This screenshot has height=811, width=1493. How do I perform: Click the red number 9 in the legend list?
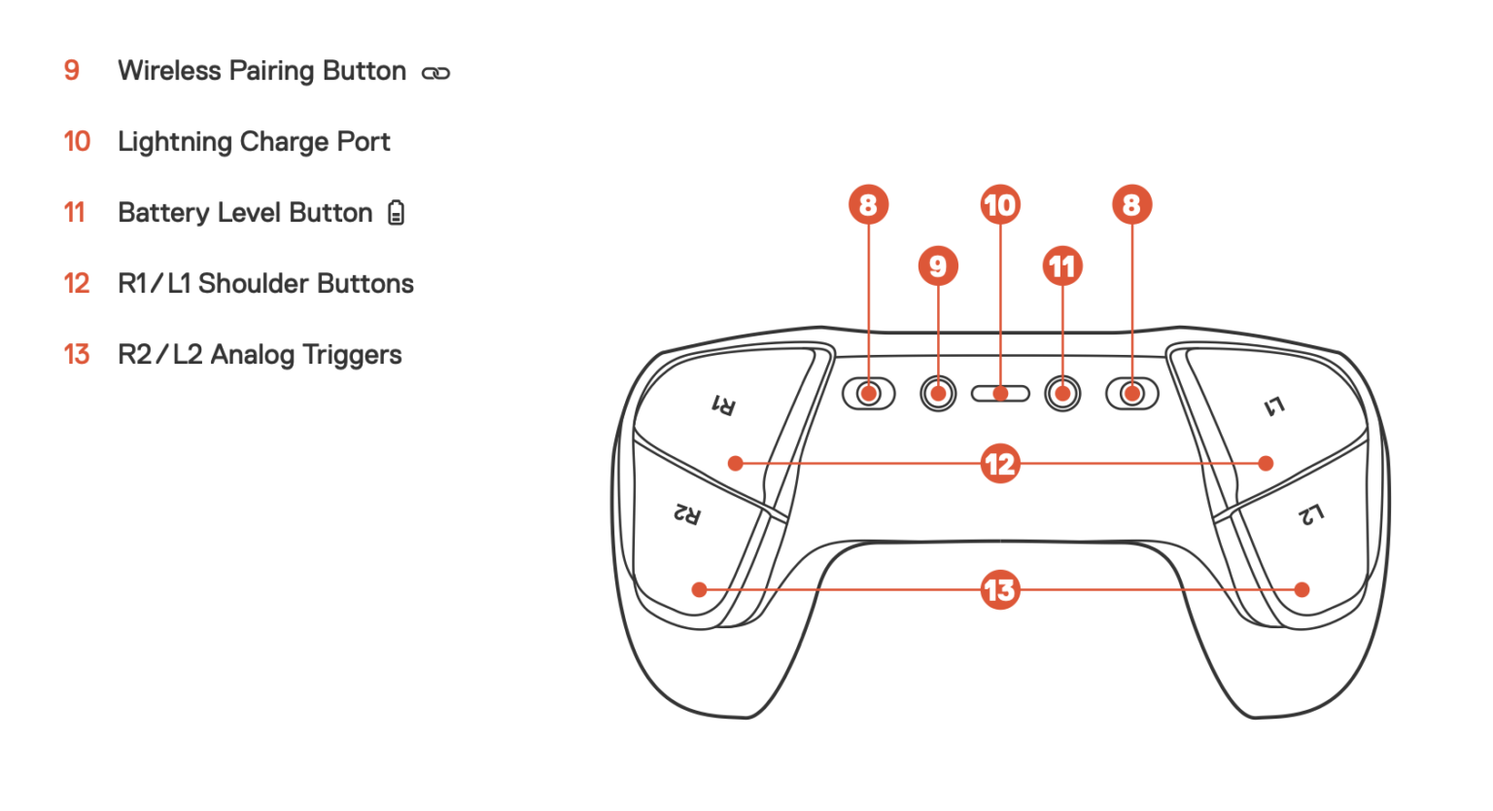[x=72, y=71]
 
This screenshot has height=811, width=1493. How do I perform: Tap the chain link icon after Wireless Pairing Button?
[x=435, y=73]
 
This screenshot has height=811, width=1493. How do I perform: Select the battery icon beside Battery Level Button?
[x=396, y=213]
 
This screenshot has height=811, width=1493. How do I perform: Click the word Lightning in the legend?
[x=175, y=142]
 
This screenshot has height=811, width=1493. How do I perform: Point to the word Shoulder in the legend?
[x=253, y=283]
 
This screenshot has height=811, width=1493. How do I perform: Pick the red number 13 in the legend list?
[x=77, y=355]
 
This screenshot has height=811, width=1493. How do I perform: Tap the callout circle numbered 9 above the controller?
[x=938, y=266]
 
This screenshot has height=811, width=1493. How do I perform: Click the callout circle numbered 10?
[x=1000, y=205]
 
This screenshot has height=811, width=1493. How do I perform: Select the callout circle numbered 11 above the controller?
[x=1062, y=266]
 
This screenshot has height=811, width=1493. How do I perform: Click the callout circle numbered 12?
[x=1000, y=464]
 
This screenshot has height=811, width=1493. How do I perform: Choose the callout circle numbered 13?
[x=1000, y=590]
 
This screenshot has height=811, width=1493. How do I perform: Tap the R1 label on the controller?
[x=724, y=405]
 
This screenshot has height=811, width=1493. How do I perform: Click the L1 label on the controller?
[x=1274, y=406]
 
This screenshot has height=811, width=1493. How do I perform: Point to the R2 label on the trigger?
[x=687, y=513]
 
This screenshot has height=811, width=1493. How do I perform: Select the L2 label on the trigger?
[x=1310, y=514]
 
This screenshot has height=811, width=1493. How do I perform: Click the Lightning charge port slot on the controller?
[x=1000, y=394]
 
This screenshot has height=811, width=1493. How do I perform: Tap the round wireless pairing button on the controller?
[x=938, y=394]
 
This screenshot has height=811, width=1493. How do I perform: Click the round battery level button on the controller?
[x=1062, y=394]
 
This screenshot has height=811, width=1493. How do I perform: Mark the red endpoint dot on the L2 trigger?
[x=1302, y=589]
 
